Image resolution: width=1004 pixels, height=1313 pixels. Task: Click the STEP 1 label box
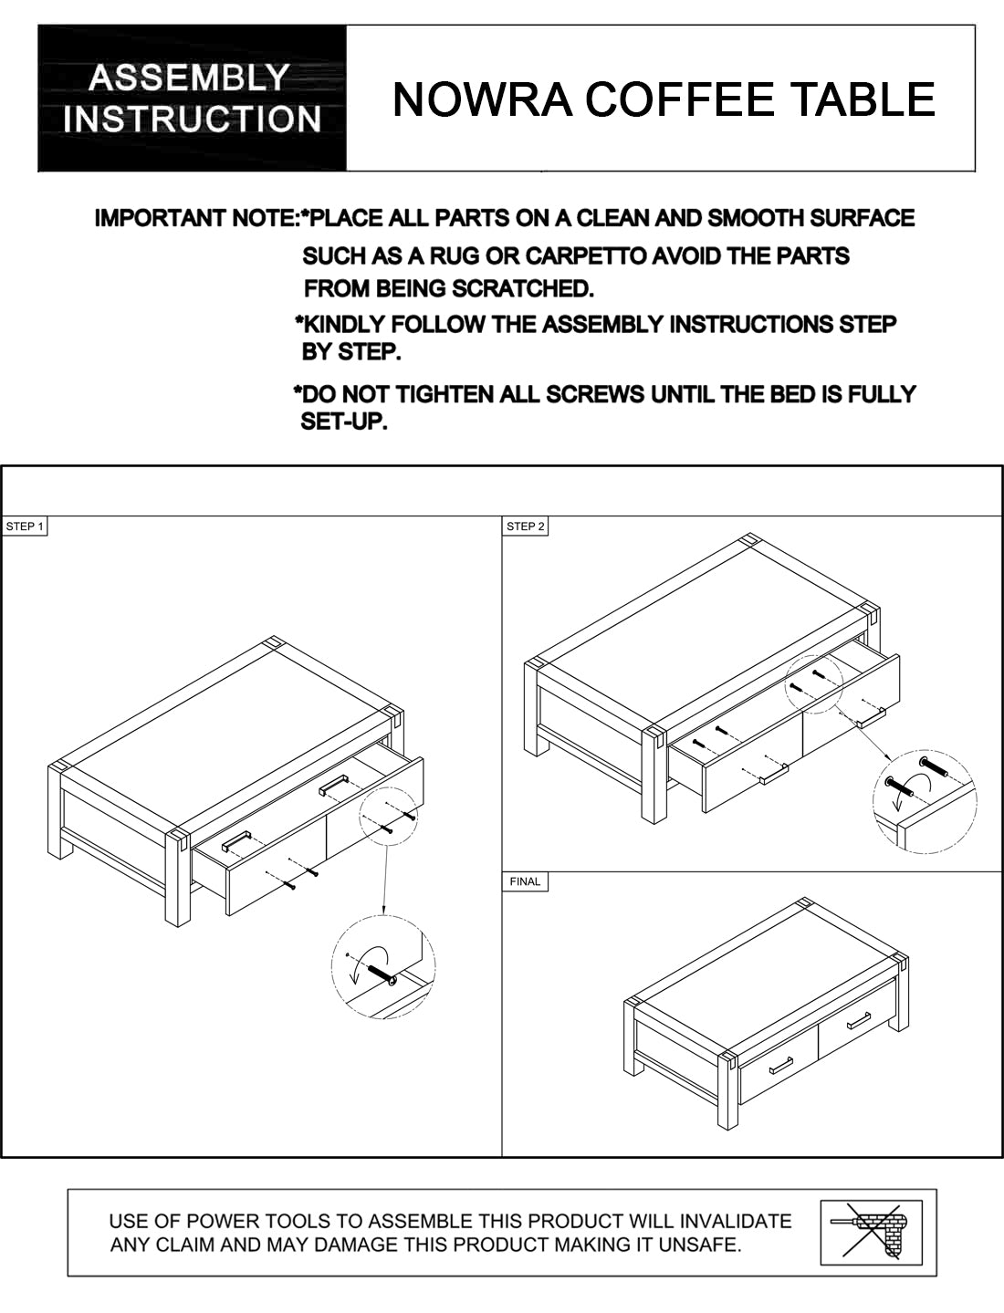click(24, 526)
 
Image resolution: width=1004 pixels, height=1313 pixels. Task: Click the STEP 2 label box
click(525, 526)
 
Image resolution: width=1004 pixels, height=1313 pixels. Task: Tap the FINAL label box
click(525, 881)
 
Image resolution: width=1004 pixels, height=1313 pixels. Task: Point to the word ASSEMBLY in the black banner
click(189, 78)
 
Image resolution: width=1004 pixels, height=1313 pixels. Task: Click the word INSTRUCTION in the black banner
click(192, 119)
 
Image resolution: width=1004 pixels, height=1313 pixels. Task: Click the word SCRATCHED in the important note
click(522, 289)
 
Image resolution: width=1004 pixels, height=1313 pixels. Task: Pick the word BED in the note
click(793, 394)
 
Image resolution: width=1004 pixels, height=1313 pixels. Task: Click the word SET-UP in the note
click(344, 422)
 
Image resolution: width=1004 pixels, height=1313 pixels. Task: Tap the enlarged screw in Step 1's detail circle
click(382, 975)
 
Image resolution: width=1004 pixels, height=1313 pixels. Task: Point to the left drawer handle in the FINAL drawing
click(781, 1066)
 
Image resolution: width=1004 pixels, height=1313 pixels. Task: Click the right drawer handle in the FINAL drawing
click(859, 1021)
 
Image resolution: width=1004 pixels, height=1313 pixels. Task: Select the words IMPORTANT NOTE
click(197, 218)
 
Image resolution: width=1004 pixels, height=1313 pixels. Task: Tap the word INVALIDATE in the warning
click(736, 1221)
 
